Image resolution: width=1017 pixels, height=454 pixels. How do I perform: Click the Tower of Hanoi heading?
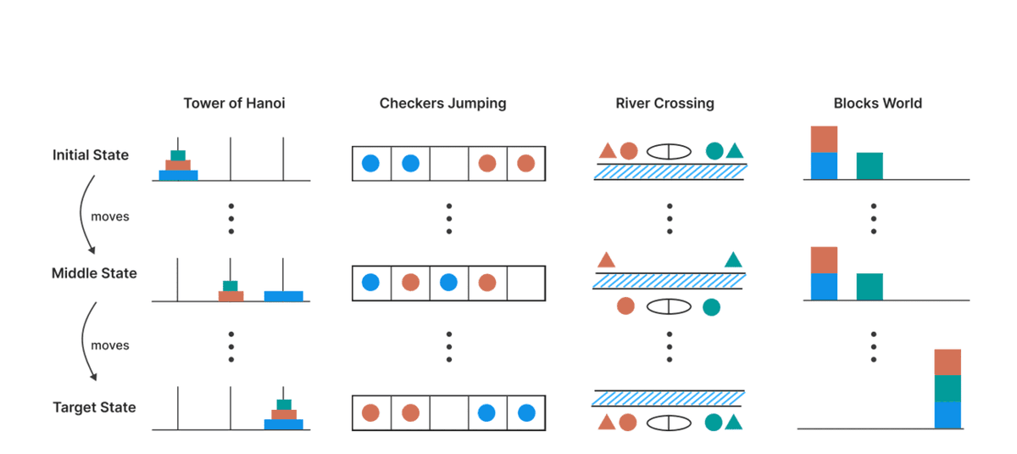[234, 104]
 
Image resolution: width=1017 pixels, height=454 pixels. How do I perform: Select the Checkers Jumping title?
[442, 104]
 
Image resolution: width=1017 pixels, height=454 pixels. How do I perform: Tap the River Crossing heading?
[664, 104]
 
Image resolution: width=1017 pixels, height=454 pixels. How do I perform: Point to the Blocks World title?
[877, 104]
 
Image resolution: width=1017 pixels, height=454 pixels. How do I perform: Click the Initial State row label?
[91, 155]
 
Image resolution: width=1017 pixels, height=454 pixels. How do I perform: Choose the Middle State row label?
[94, 273]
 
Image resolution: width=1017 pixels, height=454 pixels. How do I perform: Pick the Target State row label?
[94, 407]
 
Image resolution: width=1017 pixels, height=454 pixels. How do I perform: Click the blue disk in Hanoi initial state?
[178, 176]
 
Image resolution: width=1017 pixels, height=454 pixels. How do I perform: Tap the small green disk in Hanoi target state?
[284, 405]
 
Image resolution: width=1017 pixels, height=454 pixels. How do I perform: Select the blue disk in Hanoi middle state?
[283, 296]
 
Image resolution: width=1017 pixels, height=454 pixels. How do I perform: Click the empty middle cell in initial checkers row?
[448, 164]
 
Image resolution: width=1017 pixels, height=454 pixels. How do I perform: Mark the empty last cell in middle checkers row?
[525, 283]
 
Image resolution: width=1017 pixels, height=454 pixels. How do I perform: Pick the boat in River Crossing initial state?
[670, 151]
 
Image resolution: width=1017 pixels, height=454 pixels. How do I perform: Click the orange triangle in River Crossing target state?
[606, 422]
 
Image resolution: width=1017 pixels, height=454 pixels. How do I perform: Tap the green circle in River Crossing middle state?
[712, 306]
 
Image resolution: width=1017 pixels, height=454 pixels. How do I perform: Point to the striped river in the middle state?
[669, 280]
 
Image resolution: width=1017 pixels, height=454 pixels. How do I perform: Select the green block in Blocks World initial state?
[870, 166]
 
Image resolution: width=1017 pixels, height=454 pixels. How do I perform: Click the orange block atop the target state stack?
[948, 362]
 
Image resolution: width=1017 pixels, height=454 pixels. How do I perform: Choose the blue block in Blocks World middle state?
[824, 287]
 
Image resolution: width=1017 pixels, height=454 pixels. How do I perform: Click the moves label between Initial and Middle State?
[110, 216]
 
